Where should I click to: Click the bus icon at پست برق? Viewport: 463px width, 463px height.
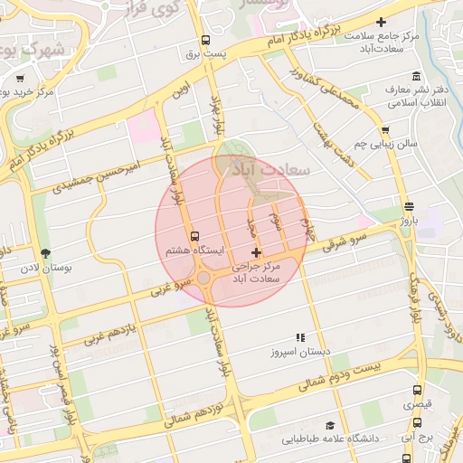[205, 40]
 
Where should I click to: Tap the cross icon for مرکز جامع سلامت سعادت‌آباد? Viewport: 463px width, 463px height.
[381, 22]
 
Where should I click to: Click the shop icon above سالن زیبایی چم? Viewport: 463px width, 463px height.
[385, 129]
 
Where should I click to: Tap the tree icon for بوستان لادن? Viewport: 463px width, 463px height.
[45, 253]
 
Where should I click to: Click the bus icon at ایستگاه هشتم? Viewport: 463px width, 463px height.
[194, 235]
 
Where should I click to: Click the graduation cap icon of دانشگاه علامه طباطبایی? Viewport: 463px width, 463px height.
[330, 425]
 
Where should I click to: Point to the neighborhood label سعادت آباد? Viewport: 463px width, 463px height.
[272, 168]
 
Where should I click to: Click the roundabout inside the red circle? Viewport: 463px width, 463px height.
[205, 278]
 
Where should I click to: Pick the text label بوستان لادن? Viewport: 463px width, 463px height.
[44, 269]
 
